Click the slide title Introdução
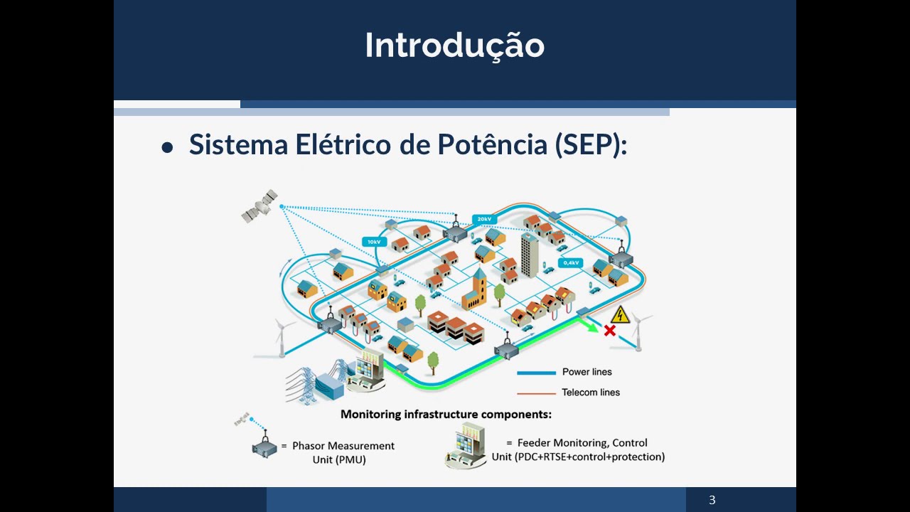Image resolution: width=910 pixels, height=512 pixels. (454, 46)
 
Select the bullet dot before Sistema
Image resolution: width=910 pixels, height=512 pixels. (167, 147)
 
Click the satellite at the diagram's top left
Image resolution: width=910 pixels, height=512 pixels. (259, 206)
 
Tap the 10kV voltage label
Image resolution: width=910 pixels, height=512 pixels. (374, 242)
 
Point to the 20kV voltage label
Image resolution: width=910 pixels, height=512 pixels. (484, 219)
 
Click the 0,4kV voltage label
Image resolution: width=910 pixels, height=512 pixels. (571, 263)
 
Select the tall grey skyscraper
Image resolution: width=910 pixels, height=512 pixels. (530, 255)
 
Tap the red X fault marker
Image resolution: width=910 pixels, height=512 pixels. (609, 331)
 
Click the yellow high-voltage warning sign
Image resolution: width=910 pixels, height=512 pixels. (620, 315)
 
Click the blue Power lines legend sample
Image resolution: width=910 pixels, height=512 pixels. (536, 373)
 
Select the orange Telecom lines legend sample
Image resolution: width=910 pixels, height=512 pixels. (536, 393)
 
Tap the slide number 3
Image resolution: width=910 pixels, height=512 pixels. (712, 500)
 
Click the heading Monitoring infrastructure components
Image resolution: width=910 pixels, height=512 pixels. (446, 415)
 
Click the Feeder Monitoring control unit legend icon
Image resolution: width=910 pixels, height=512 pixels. (466, 446)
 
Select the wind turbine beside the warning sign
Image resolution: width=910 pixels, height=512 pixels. (638, 331)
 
